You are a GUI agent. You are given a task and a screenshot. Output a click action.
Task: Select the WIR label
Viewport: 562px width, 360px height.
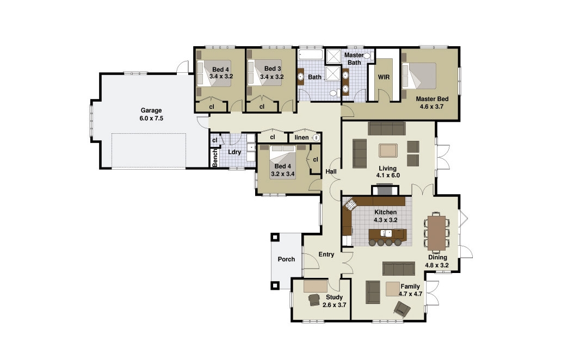pos(384,77)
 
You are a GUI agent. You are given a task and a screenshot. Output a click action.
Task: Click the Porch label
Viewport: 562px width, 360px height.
pos(286,259)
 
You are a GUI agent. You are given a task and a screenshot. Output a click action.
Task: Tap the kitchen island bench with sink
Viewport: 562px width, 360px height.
pos(387,234)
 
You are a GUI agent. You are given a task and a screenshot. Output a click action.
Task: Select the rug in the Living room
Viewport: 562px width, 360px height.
pos(388,150)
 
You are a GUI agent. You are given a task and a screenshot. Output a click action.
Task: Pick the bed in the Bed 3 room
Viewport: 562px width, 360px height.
pos(263,73)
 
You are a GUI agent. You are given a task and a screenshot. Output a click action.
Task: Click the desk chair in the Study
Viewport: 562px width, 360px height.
pos(314,300)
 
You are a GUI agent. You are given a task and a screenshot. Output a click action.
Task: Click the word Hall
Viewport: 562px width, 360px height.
pos(331,172)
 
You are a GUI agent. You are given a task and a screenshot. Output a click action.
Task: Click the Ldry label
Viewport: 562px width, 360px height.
pos(234,152)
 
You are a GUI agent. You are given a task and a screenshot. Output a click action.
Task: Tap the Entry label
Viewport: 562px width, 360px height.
pos(326,255)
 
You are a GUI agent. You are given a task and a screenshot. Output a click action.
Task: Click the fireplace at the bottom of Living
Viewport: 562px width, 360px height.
pos(385,190)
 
